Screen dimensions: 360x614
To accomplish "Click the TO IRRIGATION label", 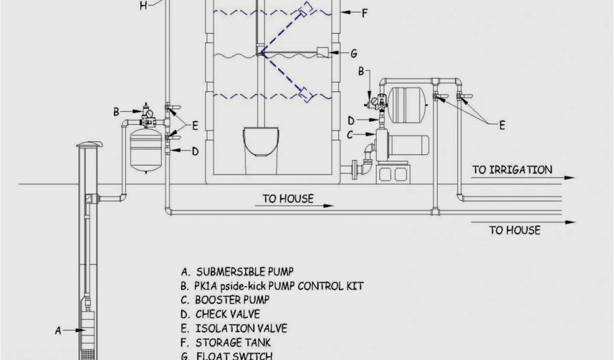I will (x=512, y=170).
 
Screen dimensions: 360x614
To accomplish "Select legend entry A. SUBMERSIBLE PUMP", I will (x=237, y=272).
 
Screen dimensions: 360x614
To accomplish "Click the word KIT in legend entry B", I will (x=354, y=286).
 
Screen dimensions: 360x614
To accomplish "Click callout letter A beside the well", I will (x=58, y=329).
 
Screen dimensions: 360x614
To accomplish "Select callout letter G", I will (x=354, y=53).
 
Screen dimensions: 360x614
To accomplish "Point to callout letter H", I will (x=143, y=6).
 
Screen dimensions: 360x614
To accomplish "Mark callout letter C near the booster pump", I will (x=350, y=135).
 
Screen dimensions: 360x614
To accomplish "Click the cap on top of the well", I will (x=89, y=145).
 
